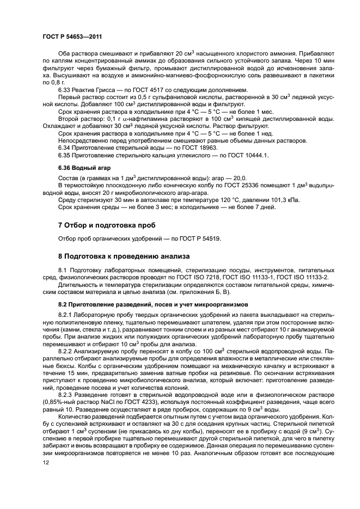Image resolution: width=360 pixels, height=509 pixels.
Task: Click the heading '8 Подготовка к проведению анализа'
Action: [x=123, y=255]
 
